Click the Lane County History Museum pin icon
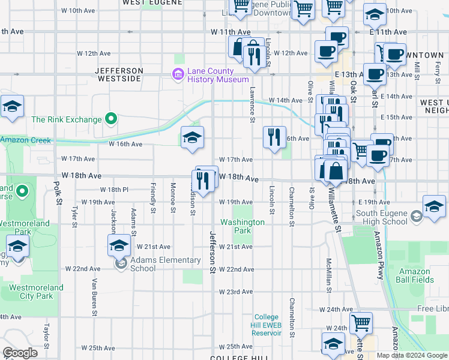[x=178, y=74]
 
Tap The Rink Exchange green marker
[x=110, y=119]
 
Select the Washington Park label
[x=243, y=226]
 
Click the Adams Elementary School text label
[x=165, y=264]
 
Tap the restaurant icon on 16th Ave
[x=274, y=137]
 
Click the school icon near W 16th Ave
[x=192, y=137]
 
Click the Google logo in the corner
[x=20, y=352]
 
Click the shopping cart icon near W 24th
[x=360, y=323]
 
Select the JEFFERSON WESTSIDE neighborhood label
[x=119, y=74]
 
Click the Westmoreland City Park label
[x=36, y=292]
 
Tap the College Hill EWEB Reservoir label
[x=267, y=325]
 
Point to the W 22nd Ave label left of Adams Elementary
[x=83, y=268]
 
